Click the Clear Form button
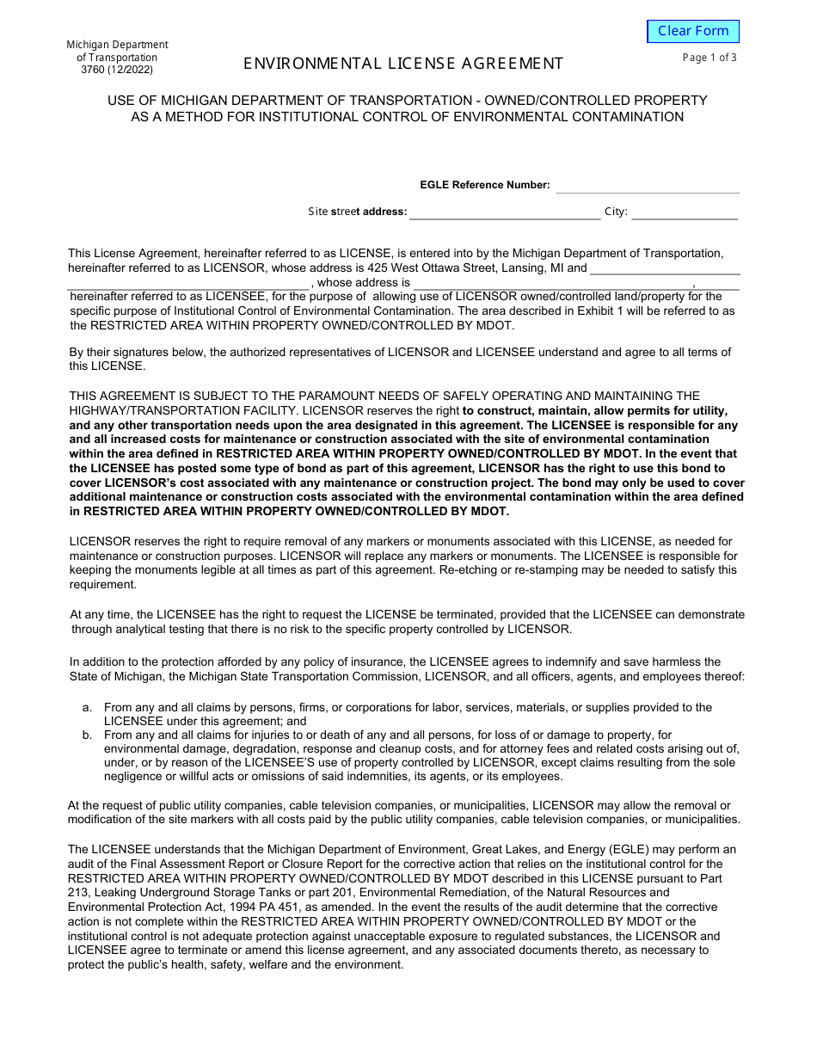point(692,31)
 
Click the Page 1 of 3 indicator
point(709,58)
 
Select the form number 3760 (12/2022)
point(120,71)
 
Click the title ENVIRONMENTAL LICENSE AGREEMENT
point(403,63)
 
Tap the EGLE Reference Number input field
point(647,185)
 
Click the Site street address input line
point(504,212)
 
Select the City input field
point(685,212)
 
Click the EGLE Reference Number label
point(484,185)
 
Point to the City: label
point(616,212)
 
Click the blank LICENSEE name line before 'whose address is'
point(189,282)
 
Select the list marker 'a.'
point(87,707)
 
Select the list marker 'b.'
point(87,735)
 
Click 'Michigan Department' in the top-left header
point(117,45)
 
